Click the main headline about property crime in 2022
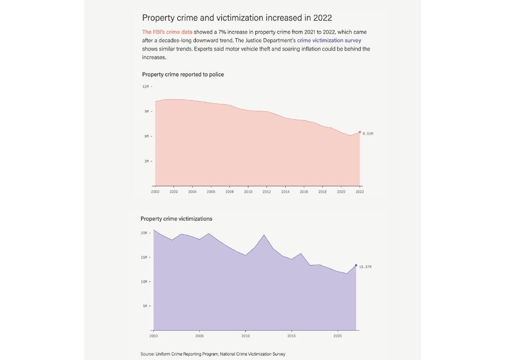[237, 18]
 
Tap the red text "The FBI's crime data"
[167, 32]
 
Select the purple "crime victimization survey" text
[329, 41]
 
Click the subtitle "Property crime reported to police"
[183, 74]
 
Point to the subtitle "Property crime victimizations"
[176, 218]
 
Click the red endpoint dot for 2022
[360, 132]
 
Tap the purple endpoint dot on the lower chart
[356, 266]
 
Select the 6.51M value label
[368, 134]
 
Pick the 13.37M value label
[365, 267]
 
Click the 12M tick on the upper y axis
[145, 86]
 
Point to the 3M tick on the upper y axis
[146, 161]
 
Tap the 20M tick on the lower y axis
[144, 233]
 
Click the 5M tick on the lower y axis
[145, 306]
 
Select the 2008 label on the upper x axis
[230, 192]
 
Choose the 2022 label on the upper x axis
[360, 192]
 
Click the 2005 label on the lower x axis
[200, 336]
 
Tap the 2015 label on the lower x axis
[291, 336]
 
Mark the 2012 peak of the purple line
[264, 235]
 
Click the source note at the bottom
[213, 354]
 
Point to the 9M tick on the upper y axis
[146, 111]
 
